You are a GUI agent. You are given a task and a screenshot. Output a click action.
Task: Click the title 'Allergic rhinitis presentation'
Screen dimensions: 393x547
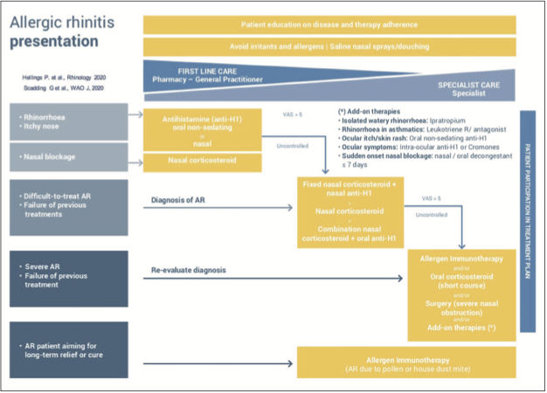(61, 31)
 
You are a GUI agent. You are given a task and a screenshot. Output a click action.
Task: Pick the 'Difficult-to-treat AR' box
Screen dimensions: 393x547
(65, 207)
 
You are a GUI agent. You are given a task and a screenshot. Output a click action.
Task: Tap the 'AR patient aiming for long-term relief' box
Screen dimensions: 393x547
(65, 350)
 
